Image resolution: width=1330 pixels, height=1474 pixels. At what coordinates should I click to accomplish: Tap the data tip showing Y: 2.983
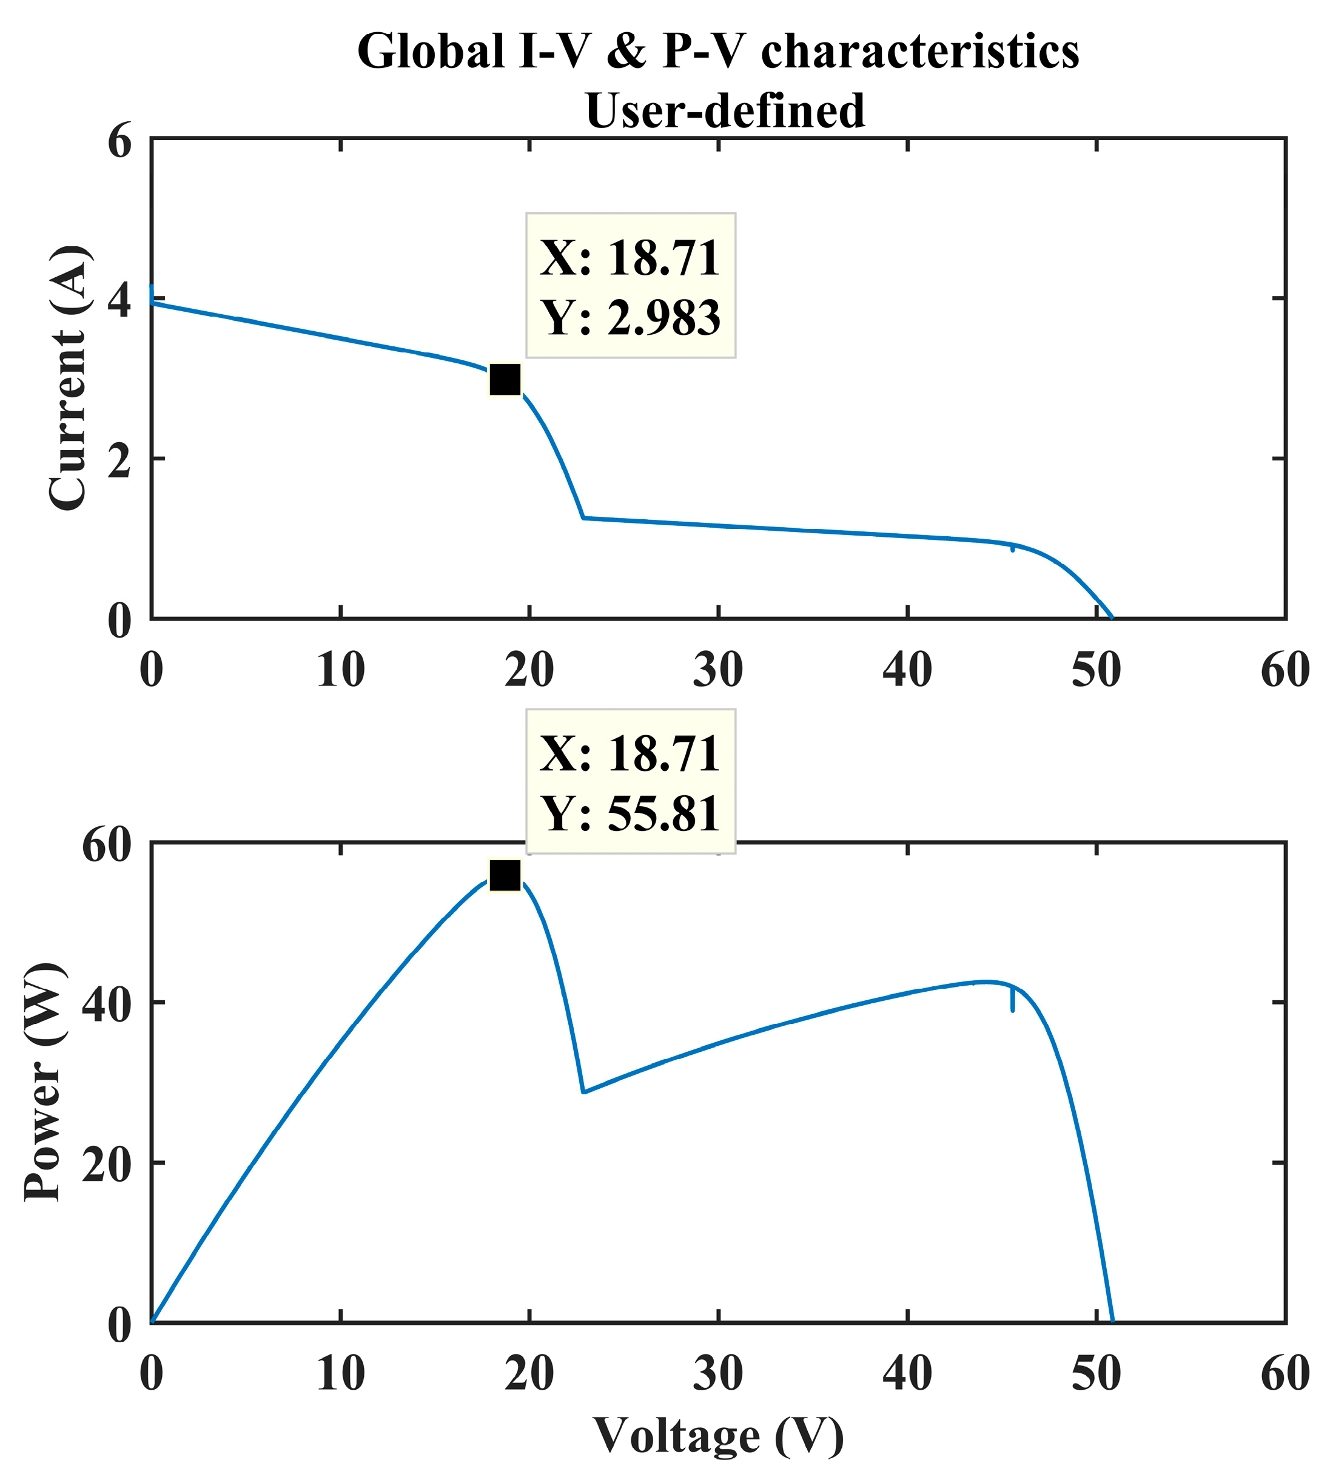(x=631, y=286)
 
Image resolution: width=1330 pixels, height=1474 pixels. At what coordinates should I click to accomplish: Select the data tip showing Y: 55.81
(x=631, y=781)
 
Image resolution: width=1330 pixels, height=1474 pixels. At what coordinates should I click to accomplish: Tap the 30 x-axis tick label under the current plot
(x=718, y=670)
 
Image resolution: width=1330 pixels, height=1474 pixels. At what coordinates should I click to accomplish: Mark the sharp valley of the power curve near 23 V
(x=583, y=1092)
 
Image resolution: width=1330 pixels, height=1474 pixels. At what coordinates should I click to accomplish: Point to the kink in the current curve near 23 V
(x=583, y=518)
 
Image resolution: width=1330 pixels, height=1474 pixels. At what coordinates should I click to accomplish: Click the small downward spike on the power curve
(x=1012, y=1003)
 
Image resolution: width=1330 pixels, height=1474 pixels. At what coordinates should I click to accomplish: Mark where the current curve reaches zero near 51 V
(x=1112, y=618)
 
